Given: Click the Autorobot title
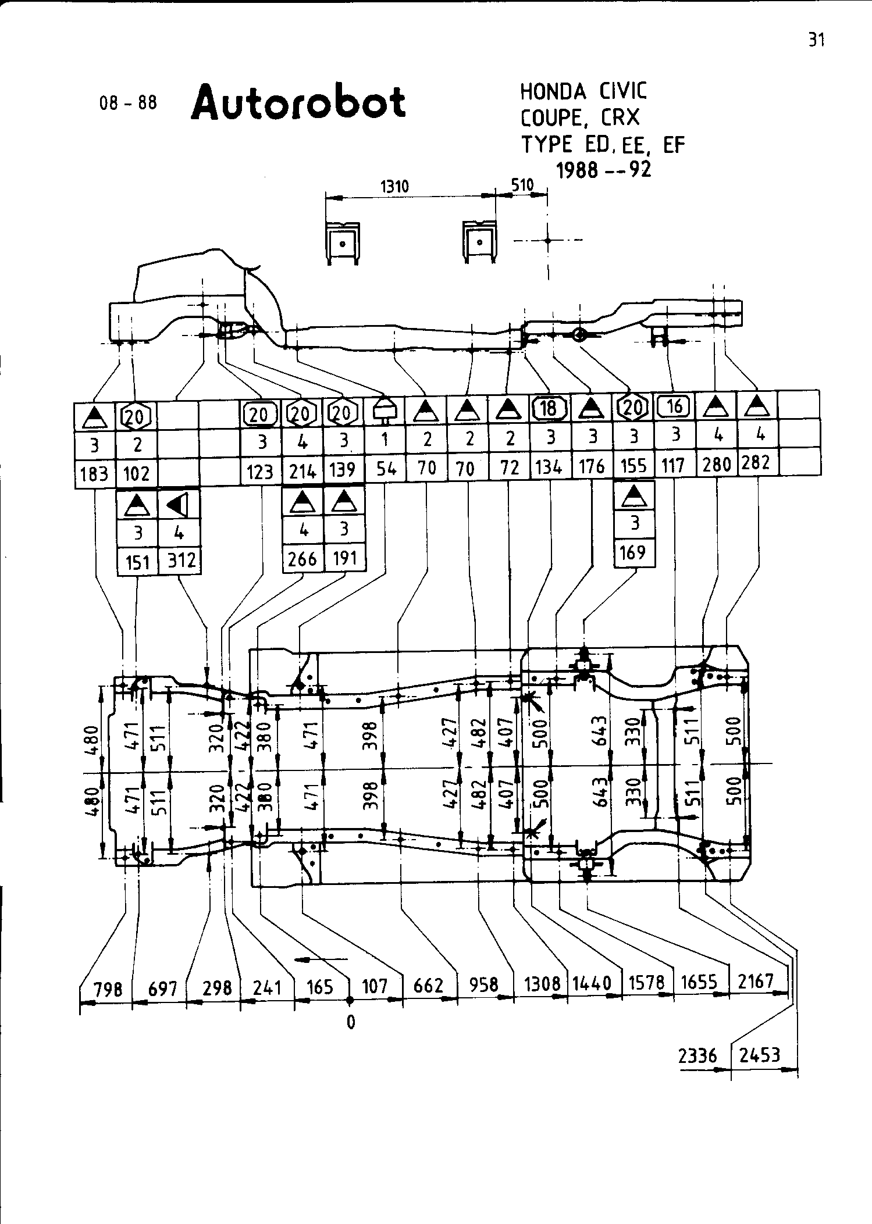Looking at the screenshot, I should pos(298,102).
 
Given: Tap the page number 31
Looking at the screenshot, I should pos(816,40).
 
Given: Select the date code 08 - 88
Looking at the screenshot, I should pos(129,104).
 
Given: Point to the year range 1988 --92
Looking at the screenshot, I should pos(603,170).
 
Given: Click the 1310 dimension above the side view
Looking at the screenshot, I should pos(394,187).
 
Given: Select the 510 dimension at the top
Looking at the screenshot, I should pos(522,185).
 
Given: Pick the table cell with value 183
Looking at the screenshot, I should pos(95,474).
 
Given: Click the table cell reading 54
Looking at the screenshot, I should pos(386,469).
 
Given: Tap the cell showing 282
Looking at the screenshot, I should pos(756,463).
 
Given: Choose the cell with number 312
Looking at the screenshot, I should pos(181,561).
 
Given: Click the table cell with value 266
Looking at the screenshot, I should pos(302,559).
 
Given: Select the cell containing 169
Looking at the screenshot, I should pos(633,551).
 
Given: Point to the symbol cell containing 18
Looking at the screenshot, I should pos(549,409).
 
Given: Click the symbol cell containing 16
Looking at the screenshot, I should pos(674,406).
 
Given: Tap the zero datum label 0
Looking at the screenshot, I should pos(350,1022).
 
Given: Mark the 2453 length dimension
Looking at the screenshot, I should pos(759,1055).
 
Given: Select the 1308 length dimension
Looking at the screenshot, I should pos(542,984).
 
